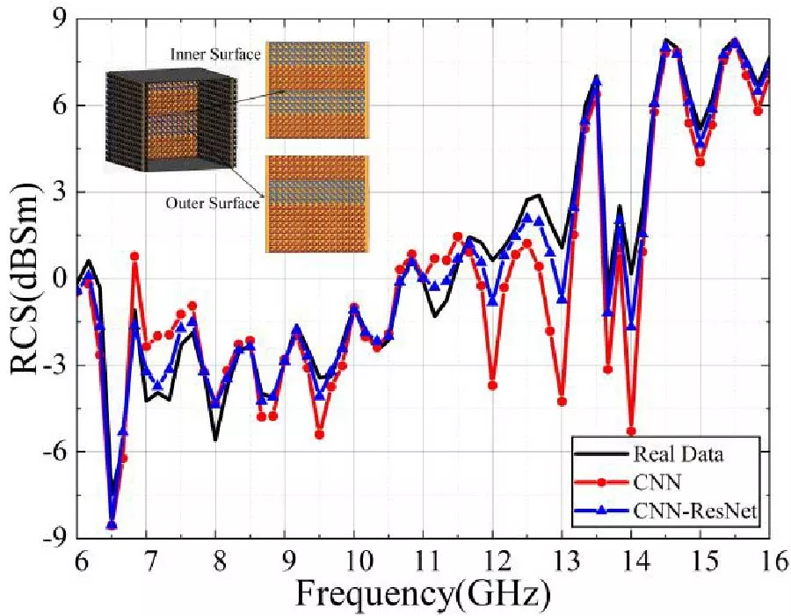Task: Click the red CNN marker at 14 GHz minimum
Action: click(x=631, y=431)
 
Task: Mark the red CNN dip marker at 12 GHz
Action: click(x=493, y=385)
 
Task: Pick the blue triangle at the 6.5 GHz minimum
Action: click(x=112, y=525)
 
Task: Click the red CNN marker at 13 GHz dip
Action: click(x=562, y=401)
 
